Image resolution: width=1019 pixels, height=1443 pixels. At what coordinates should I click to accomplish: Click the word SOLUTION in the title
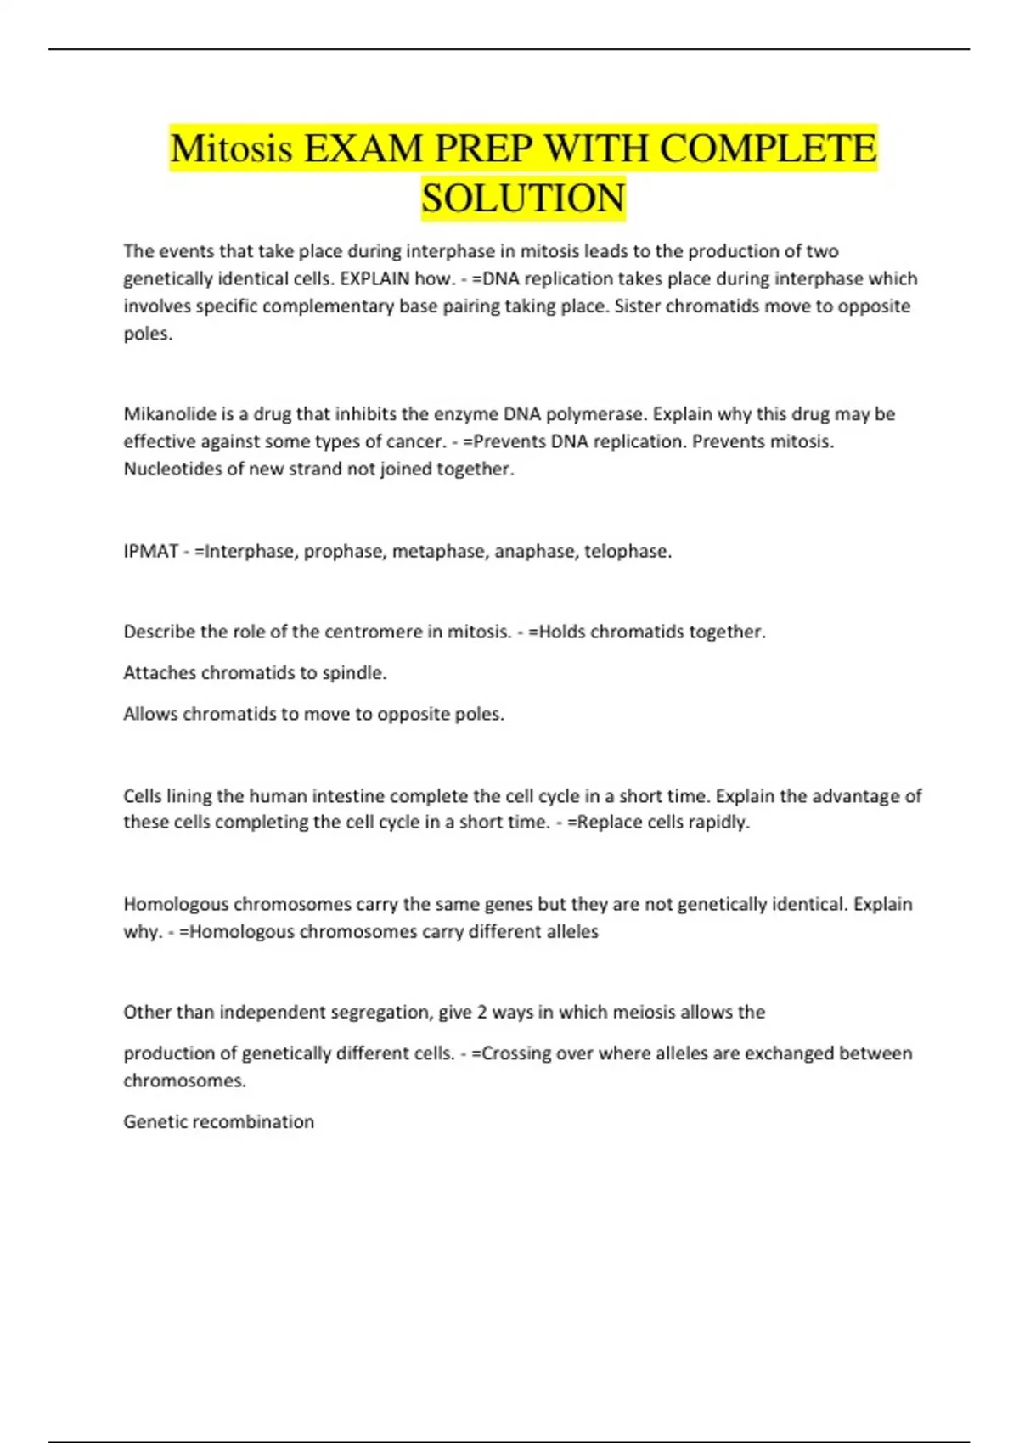coord(523,198)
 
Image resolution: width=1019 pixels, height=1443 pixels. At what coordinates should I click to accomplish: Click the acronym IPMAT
coord(150,552)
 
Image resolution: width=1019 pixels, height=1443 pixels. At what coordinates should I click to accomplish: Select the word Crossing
coord(508,1053)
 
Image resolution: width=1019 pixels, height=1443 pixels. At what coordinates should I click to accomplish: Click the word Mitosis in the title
coord(231,149)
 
